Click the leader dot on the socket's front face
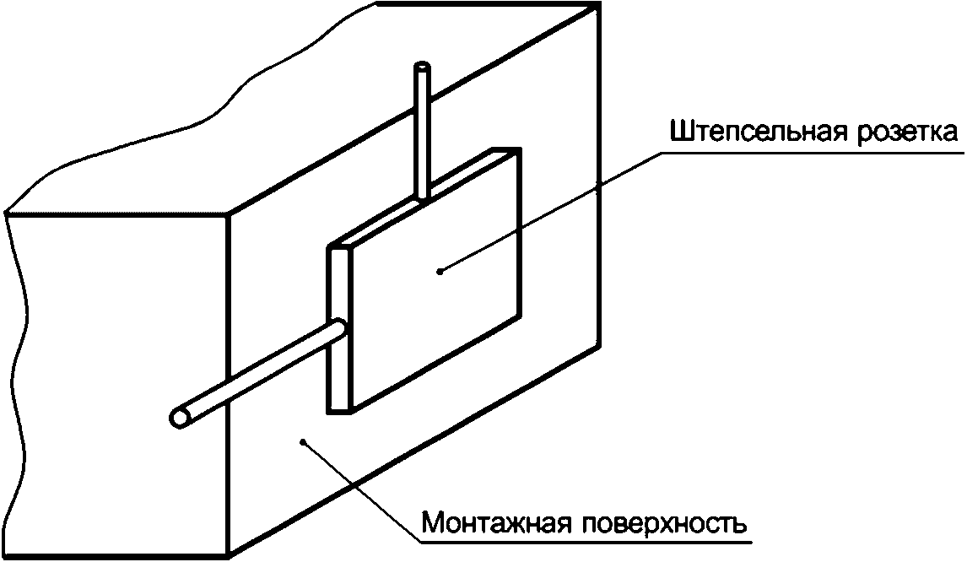tap(440, 270)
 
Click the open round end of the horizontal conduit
tap(180, 418)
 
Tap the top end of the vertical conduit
tap(422, 67)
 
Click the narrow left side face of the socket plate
tap(338, 329)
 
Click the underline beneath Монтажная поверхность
tap(591, 541)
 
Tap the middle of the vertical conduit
tap(422, 135)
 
